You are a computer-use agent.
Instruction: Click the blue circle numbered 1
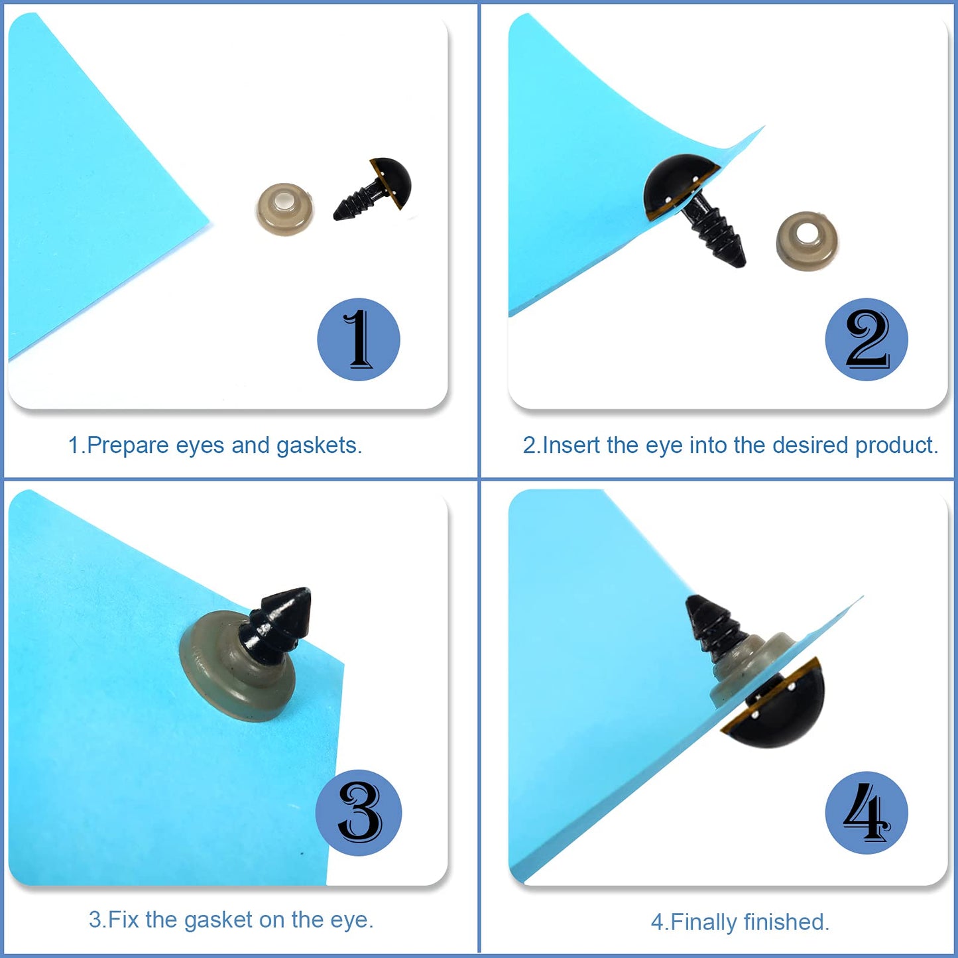point(359,339)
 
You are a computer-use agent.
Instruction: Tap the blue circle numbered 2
point(866,339)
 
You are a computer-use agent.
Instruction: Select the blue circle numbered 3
point(359,812)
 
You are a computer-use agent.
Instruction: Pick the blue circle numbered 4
point(866,812)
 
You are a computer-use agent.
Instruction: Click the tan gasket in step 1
point(285,209)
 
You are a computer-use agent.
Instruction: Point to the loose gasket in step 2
point(806,241)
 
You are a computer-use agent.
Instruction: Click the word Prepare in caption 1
point(128,446)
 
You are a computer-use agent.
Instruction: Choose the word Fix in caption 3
point(124,920)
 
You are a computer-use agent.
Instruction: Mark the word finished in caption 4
point(786,922)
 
